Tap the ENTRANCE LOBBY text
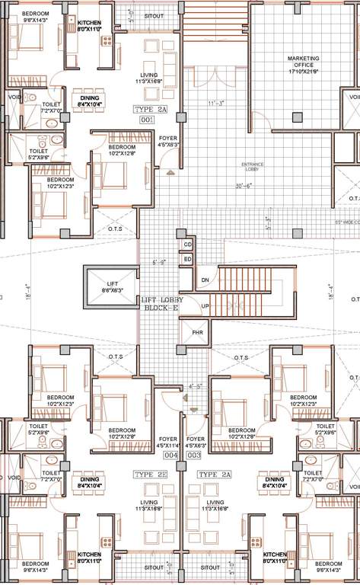pyautogui.click(x=252, y=165)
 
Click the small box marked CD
pyautogui.click(x=187, y=245)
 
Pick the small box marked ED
pyautogui.click(x=187, y=260)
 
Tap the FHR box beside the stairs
pyautogui.click(x=196, y=333)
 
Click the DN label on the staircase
pyautogui.click(x=205, y=280)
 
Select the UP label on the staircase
pyautogui.click(x=205, y=306)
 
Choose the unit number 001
pyautogui.click(x=148, y=120)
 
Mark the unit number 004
pyautogui.click(x=171, y=455)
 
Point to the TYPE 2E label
pyautogui.click(x=150, y=474)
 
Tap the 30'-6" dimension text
pyautogui.click(x=244, y=186)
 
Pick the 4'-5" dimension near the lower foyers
pyautogui.click(x=196, y=386)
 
